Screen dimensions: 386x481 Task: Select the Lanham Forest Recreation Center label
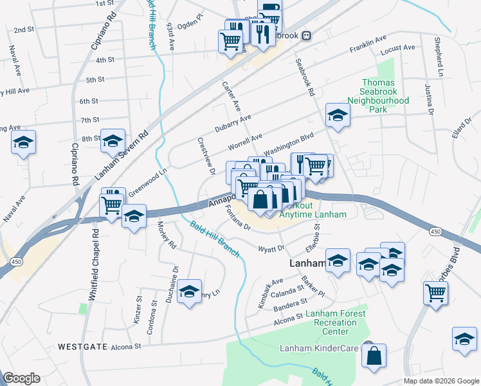click(336, 322)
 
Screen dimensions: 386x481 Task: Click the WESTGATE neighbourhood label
click(82, 346)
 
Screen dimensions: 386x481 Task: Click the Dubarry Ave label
click(233, 121)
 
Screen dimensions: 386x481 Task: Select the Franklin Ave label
click(367, 48)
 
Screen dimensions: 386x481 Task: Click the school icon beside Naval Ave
click(24, 143)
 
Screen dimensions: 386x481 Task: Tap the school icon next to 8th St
click(113, 141)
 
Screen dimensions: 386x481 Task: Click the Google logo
click(21, 378)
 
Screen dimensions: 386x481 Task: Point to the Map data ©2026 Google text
click(441, 381)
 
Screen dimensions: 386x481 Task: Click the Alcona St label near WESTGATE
click(125, 347)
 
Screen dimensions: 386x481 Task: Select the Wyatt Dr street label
click(271, 248)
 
